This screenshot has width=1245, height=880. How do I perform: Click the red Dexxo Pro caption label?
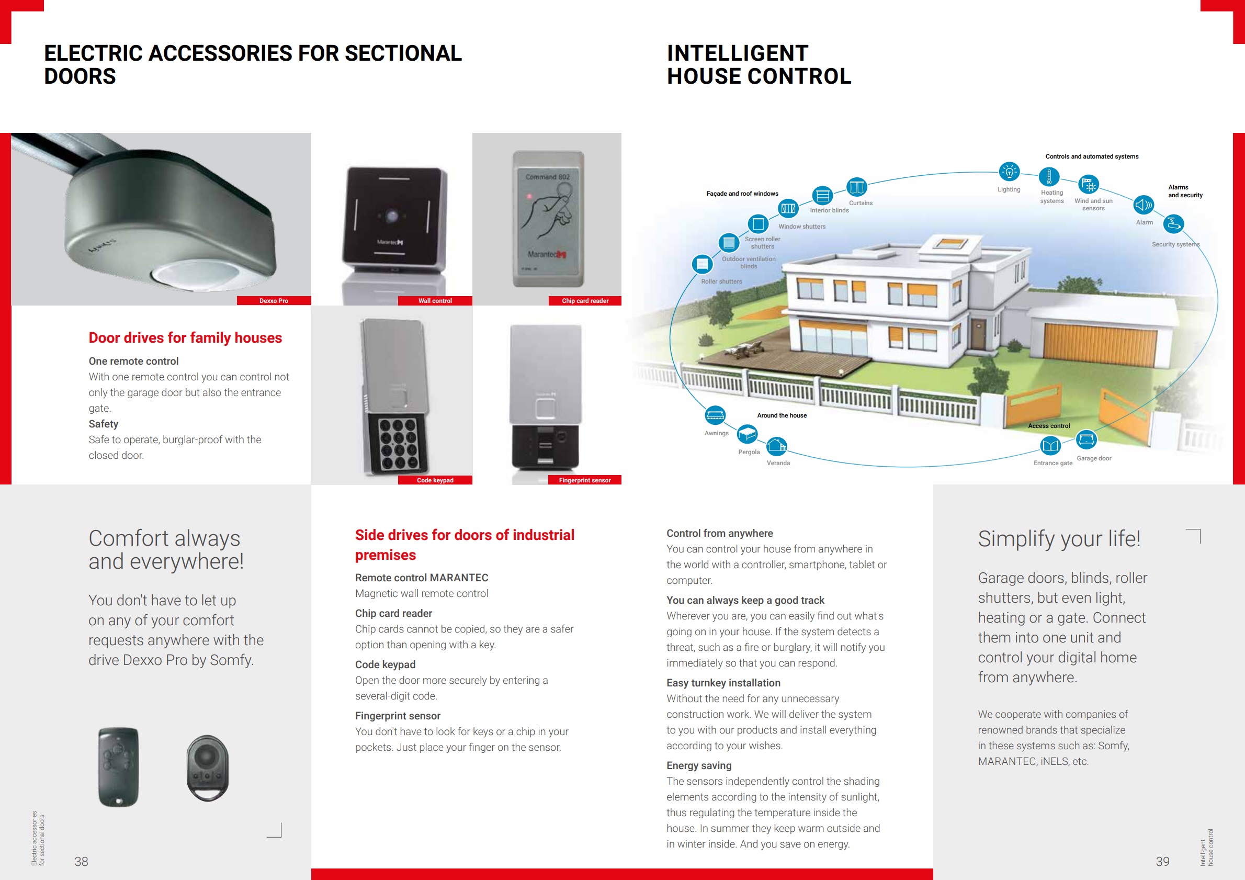274,300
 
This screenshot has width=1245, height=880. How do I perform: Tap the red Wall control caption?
435,300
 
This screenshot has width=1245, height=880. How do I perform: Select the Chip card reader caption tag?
584,300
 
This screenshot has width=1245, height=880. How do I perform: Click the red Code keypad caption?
435,480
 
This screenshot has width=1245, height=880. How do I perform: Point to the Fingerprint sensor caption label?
584,480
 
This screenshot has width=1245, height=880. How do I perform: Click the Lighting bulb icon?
1009,172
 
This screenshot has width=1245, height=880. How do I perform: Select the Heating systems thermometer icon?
1049,177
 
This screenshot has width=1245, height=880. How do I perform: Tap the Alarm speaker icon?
1143,205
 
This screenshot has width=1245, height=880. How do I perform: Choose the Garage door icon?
1086,439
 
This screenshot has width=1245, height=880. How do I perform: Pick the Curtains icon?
857,187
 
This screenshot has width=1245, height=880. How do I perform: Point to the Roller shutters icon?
702,264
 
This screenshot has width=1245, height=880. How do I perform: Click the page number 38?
81,861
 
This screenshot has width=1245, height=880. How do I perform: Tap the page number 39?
1162,861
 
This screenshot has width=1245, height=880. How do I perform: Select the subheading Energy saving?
698,765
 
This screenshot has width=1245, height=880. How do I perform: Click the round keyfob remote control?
208,767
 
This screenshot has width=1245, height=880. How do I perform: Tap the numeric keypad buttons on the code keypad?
398,444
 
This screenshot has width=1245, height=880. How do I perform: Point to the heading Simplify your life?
1058,538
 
